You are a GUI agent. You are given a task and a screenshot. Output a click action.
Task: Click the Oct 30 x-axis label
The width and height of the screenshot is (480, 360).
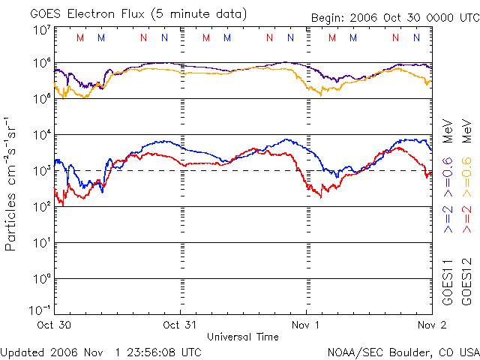tap(53, 326)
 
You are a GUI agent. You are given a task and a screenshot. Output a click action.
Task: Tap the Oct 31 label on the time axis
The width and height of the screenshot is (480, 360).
tap(179, 326)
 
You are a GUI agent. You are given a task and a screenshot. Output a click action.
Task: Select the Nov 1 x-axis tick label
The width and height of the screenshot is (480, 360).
tap(306, 326)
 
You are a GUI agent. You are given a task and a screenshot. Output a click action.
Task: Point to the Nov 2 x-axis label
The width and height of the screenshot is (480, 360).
tap(431, 326)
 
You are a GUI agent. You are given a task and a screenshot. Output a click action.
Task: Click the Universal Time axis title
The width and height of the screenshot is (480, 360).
tap(242, 337)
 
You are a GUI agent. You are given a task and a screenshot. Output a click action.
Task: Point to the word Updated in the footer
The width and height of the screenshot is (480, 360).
tap(24, 352)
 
